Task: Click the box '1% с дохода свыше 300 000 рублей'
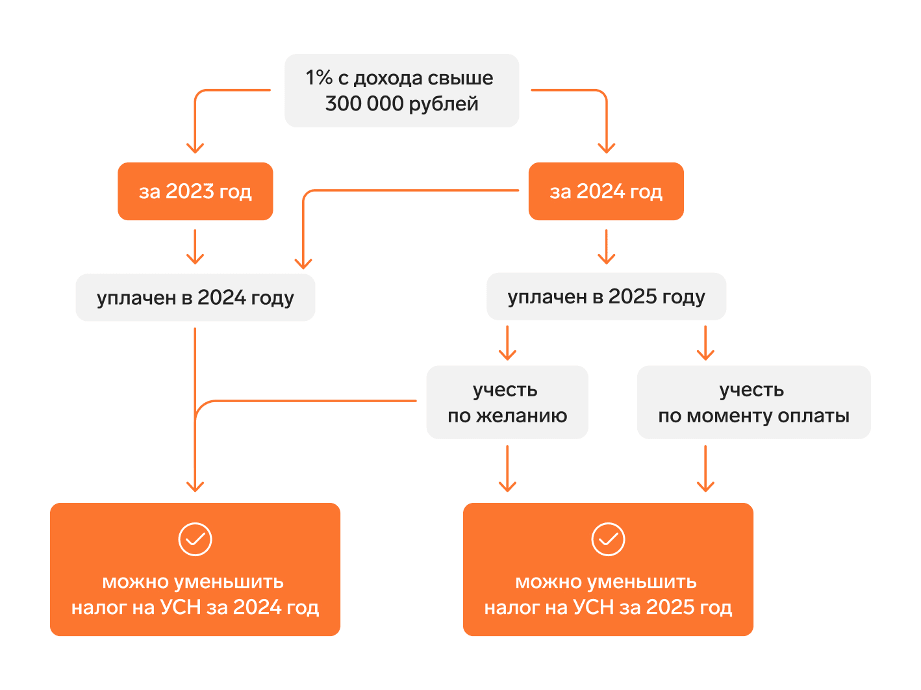[x=401, y=90]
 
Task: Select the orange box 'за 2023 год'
[x=195, y=191]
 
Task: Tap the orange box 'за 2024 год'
[x=606, y=191]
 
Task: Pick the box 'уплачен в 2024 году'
[x=195, y=298]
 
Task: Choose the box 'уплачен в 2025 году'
[x=606, y=296]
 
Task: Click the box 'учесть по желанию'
[x=507, y=402]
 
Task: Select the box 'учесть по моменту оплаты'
[x=753, y=402]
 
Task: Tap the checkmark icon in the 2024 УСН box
[x=195, y=539]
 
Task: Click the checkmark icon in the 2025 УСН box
[x=608, y=539]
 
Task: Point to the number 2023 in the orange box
[x=190, y=191]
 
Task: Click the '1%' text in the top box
[x=319, y=78]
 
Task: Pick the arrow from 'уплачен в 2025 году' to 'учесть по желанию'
[x=507, y=344]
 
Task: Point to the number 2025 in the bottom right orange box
[x=670, y=607]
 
